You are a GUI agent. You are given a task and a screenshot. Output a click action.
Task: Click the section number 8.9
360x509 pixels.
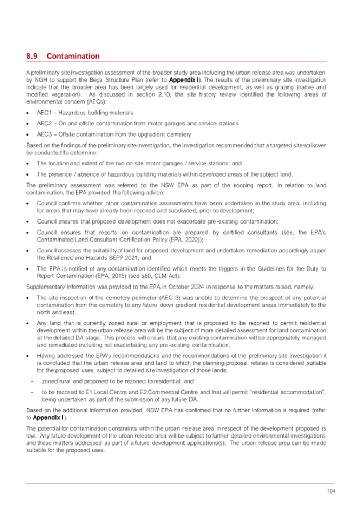[x=31, y=56]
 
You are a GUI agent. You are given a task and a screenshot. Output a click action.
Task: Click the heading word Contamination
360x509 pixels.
[x=73, y=56]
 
